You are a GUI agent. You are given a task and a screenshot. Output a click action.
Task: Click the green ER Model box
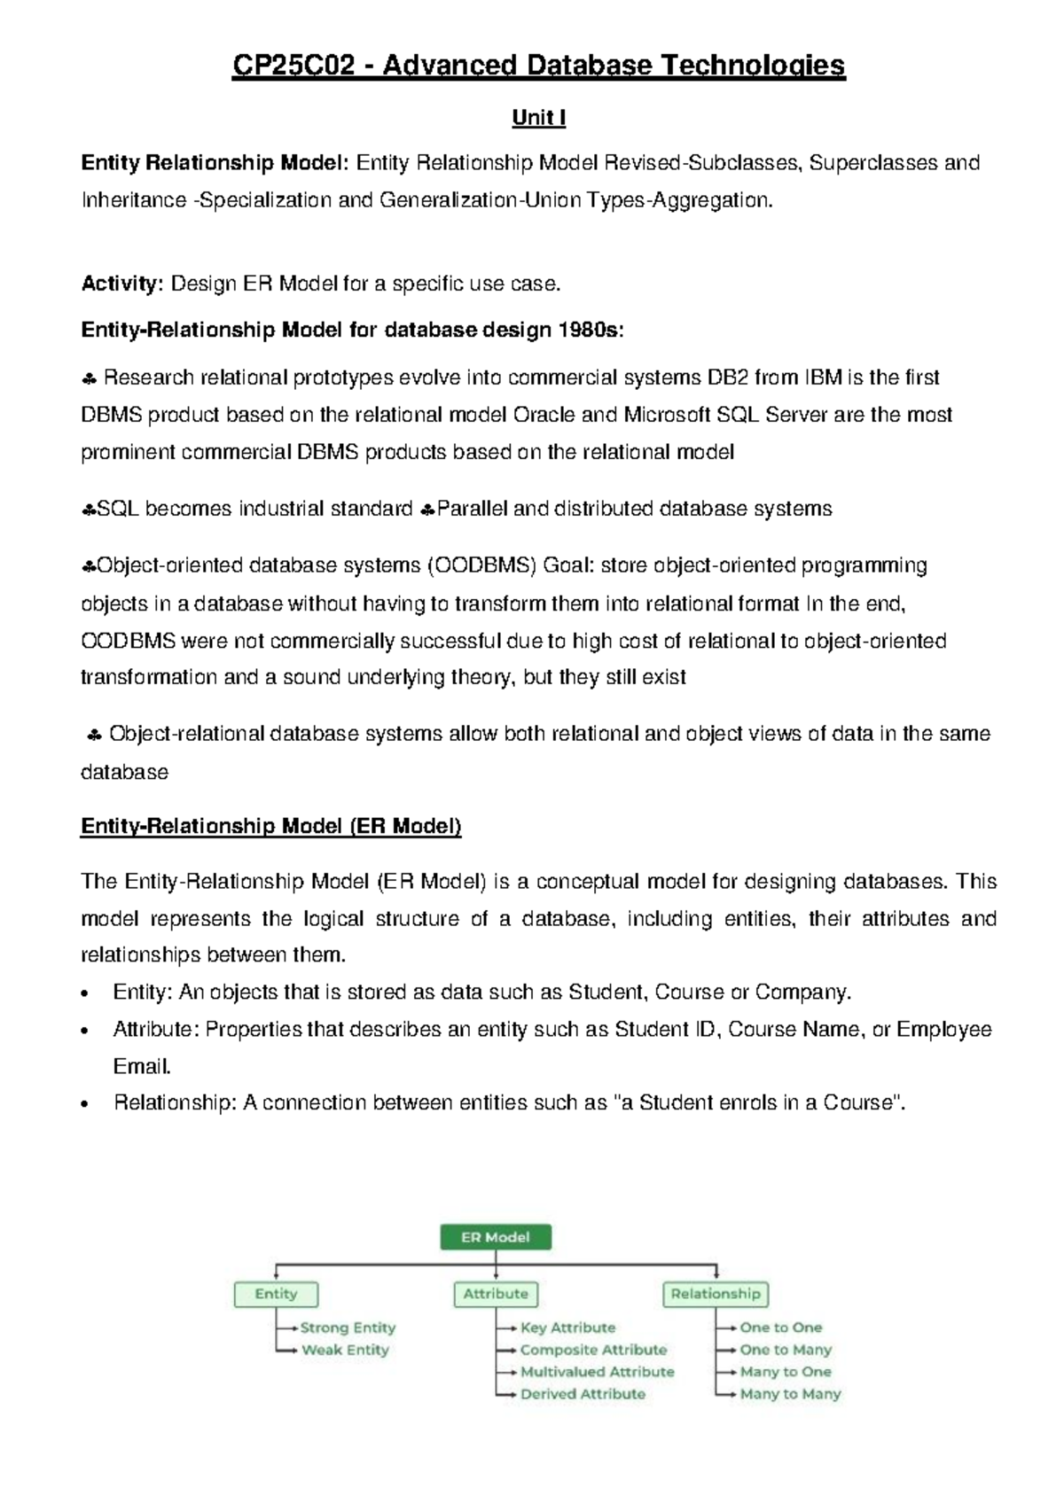(495, 1237)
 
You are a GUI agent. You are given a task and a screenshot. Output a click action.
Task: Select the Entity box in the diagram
(276, 1294)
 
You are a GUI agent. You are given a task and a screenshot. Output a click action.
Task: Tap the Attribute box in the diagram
(495, 1294)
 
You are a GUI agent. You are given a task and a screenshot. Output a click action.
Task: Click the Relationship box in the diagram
(715, 1294)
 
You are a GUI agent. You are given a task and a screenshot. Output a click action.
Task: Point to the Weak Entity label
(345, 1350)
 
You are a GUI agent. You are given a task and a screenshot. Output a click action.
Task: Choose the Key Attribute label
(567, 1328)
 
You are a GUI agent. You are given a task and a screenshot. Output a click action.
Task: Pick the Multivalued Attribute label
(597, 1372)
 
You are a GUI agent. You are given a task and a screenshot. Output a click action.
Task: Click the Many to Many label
(790, 1394)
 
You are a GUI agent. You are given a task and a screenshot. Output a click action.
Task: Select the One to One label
(780, 1328)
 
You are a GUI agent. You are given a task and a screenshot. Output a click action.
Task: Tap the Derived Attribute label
(583, 1394)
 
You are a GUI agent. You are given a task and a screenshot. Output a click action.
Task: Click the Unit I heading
(538, 118)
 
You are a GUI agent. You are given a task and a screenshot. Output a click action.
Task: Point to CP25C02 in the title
(293, 66)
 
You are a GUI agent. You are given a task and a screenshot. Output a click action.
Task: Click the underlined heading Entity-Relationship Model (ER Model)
(270, 826)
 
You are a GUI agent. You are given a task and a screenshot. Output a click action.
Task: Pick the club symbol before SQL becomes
(88, 510)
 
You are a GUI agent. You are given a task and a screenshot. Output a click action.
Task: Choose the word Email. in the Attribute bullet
(142, 1066)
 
